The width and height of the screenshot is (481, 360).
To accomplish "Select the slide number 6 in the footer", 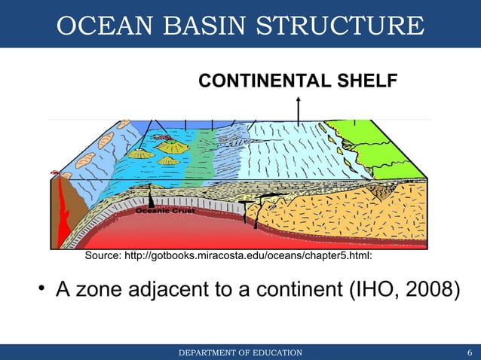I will pos(469,352).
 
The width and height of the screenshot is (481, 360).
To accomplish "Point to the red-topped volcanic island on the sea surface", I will pos(160,138).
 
